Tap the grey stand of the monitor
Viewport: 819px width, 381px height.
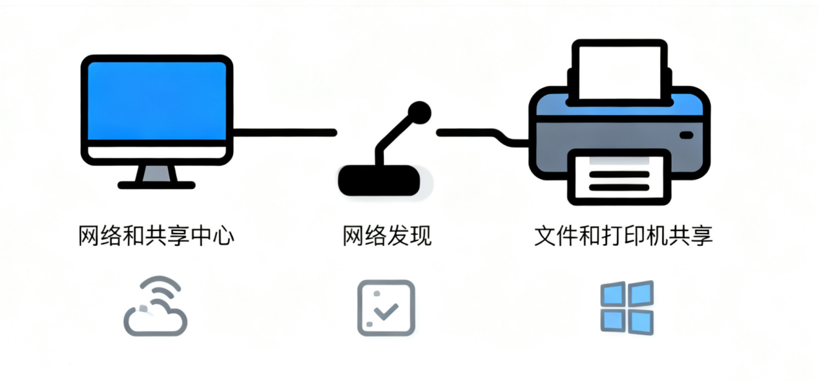click(156, 173)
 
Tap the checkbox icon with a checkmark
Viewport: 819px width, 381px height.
click(386, 307)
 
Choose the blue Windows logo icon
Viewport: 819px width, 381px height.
click(627, 307)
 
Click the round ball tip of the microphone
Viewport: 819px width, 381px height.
click(420, 112)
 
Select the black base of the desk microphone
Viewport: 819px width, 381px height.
click(379, 180)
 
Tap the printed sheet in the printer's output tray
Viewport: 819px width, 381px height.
click(619, 178)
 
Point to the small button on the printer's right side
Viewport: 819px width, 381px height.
click(686, 135)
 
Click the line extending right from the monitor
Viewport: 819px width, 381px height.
click(284, 133)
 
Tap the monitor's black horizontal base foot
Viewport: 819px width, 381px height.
click(156, 185)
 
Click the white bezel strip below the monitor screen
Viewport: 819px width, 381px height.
click(156, 153)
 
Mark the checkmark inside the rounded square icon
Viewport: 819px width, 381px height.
click(388, 312)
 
